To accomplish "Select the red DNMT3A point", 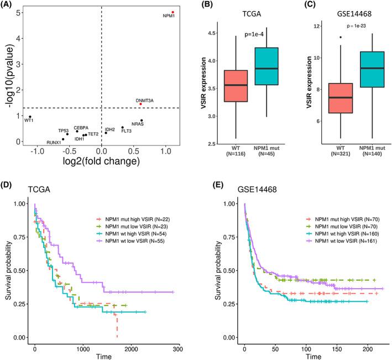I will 140,104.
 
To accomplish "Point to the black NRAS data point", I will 142,121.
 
